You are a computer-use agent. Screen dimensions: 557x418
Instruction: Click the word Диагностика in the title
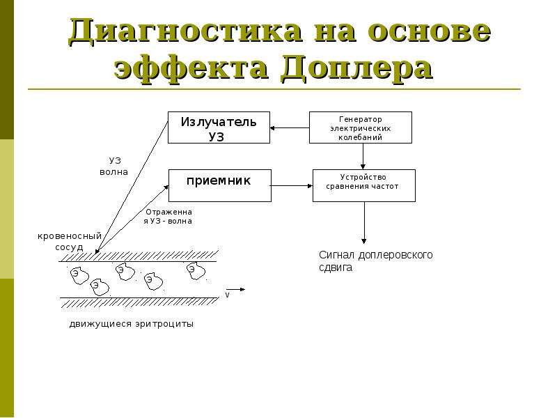[185, 31]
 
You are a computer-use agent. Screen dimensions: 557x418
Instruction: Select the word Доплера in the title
[356, 67]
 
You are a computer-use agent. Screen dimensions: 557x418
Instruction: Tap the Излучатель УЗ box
[219, 127]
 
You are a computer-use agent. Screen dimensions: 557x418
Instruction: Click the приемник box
[220, 185]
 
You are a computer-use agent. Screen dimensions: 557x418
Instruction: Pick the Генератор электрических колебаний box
[361, 127]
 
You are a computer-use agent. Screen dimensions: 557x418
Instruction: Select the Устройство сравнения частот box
[364, 185]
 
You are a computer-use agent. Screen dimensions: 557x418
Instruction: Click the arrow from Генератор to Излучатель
[290, 128]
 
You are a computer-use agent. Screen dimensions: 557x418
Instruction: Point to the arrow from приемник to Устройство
[292, 185]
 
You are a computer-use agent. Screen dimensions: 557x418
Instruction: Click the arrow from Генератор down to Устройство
[363, 156]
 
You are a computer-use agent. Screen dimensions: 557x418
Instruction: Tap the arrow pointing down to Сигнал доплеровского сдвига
[363, 222]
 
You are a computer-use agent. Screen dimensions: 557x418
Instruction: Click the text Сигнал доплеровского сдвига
[376, 261]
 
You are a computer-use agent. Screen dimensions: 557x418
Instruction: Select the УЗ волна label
[114, 167]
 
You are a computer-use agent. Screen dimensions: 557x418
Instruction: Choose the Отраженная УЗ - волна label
[168, 217]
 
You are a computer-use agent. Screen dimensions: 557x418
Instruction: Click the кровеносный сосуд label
[70, 241]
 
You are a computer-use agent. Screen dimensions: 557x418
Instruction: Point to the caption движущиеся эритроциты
[132, 324]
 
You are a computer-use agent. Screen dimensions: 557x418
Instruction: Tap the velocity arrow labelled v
[235, 289]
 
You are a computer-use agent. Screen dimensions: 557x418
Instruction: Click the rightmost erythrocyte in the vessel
[196, 271]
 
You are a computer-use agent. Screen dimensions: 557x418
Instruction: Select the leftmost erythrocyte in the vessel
[79, 275]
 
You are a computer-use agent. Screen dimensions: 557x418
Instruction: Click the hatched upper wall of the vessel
[139, 256]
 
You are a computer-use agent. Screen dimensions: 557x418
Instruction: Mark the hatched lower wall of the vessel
[139, 302]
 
